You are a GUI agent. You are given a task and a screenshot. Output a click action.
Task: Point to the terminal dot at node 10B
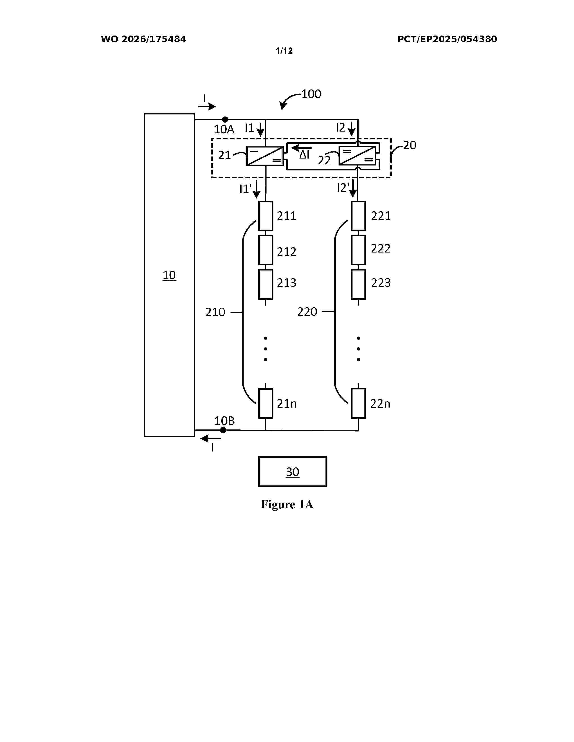(223, 430)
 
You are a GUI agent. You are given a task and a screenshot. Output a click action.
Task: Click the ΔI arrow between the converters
(301, 148)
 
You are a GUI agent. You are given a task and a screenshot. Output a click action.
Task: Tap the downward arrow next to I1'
(256, 190)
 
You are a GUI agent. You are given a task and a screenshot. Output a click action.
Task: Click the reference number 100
(311, 94)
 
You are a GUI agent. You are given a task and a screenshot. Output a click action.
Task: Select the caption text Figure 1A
(287, 504)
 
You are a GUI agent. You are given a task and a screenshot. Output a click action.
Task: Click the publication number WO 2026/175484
(144, 39)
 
